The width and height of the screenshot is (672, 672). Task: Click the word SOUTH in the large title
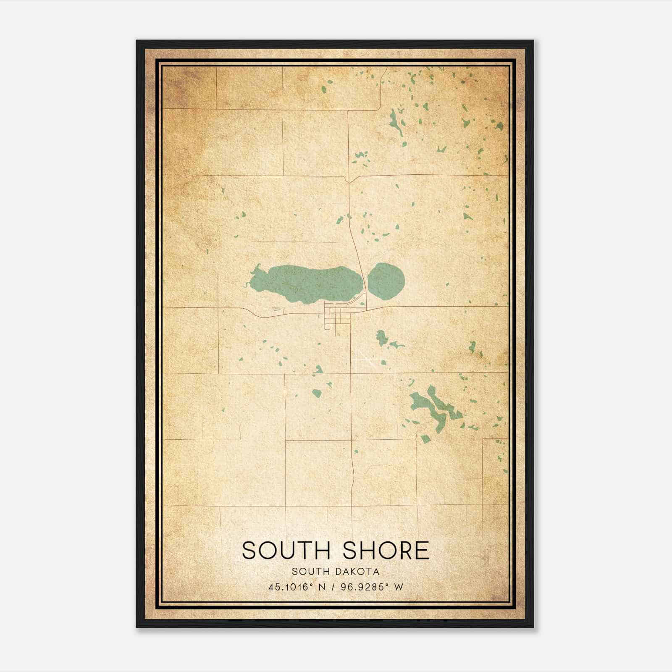click(x=289, y=550)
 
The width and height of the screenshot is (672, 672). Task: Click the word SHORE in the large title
click(x=386, y=550)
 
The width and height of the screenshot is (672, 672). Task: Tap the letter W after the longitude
click(x=399, y=587)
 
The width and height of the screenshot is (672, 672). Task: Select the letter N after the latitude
click(x=323, y=587)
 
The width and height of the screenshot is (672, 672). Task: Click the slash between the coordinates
click(x=333, y=587)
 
